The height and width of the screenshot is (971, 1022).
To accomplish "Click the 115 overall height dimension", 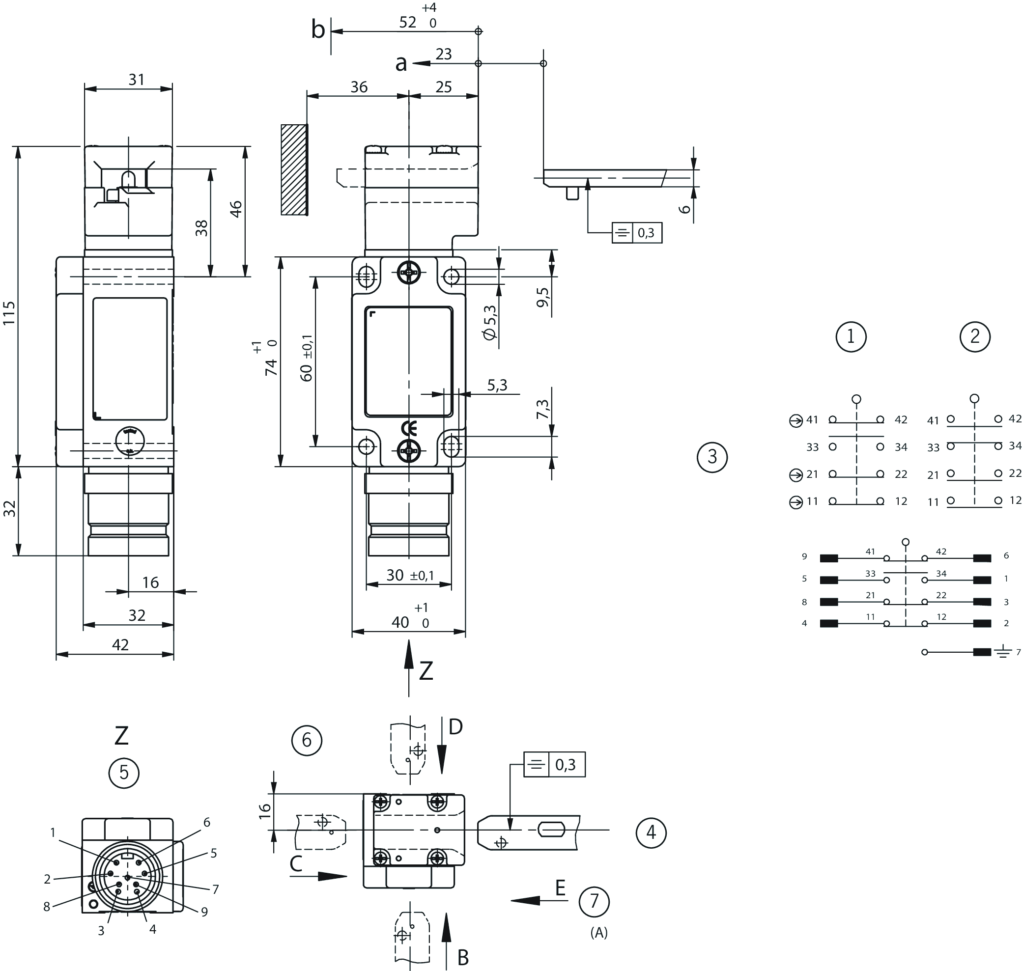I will pyautogui.click(x=9, y=313).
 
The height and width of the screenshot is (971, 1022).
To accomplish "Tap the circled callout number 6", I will pyautogui.click(x=307, y=740).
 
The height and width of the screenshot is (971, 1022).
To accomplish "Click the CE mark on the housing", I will pyautogui.click(x=408, y=429).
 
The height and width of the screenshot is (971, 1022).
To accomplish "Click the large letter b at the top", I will pyautogui.click(x=318, y=30).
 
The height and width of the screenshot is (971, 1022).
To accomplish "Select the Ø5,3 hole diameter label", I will pyautogui.click(x=489, y=322).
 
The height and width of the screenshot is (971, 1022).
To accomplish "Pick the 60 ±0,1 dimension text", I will pyautogui.click(x=307, y=358).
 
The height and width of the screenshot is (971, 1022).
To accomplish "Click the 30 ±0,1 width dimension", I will pyautogui.click(x=409, y=575).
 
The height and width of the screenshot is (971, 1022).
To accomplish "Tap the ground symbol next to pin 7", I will pyautogui.click(x=1003, y=652).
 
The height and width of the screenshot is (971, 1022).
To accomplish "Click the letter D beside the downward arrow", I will pyautogui.click(x=455, y=727).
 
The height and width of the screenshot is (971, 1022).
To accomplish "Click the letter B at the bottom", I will pyautogui.click(x=463, y=958).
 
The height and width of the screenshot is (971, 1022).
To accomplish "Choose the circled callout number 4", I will pyautogui.click(x=651, y=832).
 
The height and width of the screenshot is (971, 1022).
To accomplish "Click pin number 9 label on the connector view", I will pyautogui.click(x=204, y=912).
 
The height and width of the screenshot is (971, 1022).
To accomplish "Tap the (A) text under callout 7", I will pyautogui.click(x=598, y=933).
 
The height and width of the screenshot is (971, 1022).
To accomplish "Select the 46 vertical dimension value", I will pyautogui.click(x=235, y=209).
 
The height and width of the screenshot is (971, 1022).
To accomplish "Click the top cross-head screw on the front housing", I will pyautogui.click(x=409, y=272).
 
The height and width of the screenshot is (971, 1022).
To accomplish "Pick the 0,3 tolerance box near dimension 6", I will pyautogui.click(x=636, y=233).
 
